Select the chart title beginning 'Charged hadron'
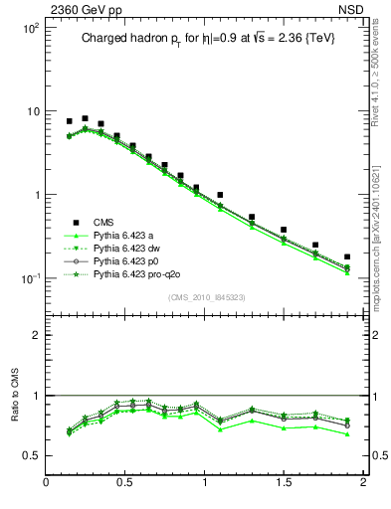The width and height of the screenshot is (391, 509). click(206, 39)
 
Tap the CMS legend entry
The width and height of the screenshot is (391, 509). click(104, 222)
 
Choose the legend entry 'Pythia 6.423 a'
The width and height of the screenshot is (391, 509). click(124, 235)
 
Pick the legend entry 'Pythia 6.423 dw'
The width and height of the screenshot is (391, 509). click(127, 248)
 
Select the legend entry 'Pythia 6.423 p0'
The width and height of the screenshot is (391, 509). click(127, 260)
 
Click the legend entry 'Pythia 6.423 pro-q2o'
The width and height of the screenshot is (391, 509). click(137, 273)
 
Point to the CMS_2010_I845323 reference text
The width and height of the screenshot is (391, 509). click(205, 296)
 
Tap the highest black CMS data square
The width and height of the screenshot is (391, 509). click(85, 118)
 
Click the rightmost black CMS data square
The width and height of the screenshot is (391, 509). click(347, 256)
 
